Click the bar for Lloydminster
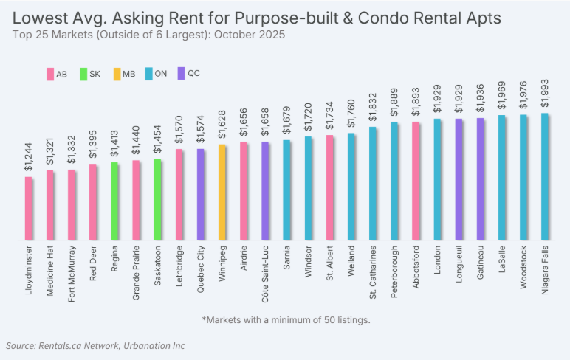tap(29, 208)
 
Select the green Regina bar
tap(114, 201)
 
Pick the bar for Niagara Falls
tap(545, 176)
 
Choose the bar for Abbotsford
tap(416, 181)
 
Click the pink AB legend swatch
tap(50, 74)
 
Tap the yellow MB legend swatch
tap(117, 74)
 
